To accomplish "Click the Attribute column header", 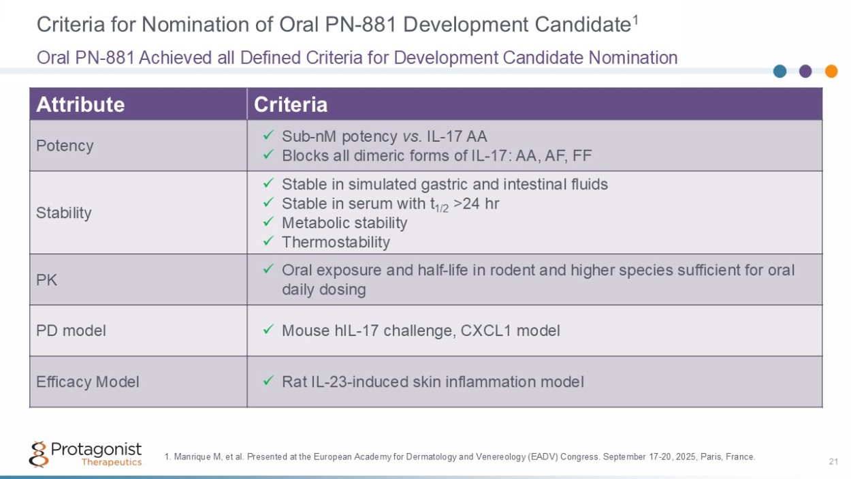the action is tap(80, 104).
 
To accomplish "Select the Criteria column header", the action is tap(291, 104).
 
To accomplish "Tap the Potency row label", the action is tap(65, 146).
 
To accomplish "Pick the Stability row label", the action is tap(64, 213).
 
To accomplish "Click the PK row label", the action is tap(46, 280).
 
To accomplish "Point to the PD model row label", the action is tap(71, 330).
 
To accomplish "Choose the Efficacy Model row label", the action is tap(88, 382).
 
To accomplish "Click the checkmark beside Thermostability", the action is tap(268, 241).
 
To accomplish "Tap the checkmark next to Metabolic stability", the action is tap(268, 221).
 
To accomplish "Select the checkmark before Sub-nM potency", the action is tap(268, 135).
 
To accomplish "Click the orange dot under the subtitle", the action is tap(831, 71).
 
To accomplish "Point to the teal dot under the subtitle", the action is tap(780, 71).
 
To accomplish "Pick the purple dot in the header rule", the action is tap(805, 71).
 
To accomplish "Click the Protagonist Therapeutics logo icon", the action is tap(39, 454).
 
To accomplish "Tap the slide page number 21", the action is tap(833, 461).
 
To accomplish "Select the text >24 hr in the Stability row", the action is tap(476, 204).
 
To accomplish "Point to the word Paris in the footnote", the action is tap(711, 457).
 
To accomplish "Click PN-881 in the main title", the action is tap(361, 25).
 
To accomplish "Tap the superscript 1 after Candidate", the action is tap(635, 19).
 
